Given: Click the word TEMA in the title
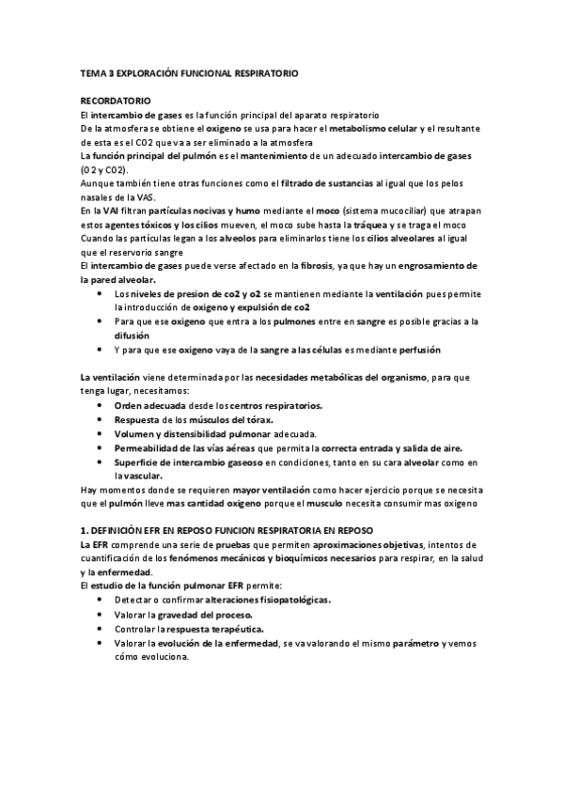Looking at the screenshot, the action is (94, 71).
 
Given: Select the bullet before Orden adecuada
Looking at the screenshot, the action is (101, 405).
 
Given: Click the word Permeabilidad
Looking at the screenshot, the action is (151, 448).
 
